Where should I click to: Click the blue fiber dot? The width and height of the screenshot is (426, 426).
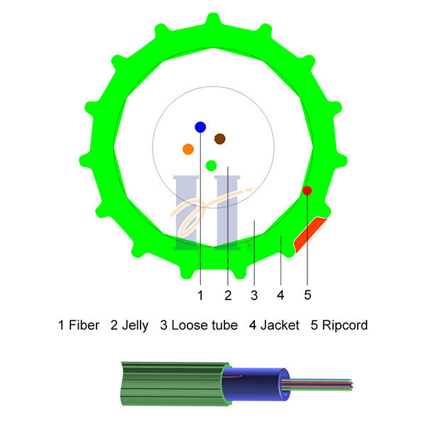[x=200, y=127]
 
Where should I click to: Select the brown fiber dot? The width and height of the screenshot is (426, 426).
[x=220, y=139]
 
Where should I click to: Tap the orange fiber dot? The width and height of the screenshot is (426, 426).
[x=188, y=149]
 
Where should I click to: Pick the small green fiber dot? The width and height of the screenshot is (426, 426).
[x=211, y=165]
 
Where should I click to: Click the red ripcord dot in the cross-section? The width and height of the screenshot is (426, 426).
[x=307, y=190]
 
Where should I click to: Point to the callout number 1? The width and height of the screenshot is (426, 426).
[x=200, y=295]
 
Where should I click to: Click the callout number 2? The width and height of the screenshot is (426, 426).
[x=228, y=295]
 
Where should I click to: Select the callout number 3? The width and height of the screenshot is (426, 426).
[x=254, y=295]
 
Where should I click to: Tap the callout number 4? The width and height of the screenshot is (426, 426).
[x=280, y=295]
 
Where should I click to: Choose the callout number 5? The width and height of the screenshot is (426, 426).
[x=307, y=295]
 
